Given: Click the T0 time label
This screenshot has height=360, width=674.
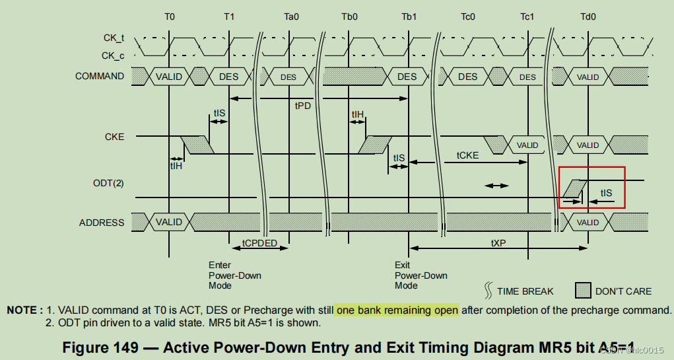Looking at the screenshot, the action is coord(170,17).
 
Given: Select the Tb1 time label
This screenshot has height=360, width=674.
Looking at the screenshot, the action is coord(408,17).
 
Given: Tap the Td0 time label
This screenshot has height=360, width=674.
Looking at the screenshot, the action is coord(587,17).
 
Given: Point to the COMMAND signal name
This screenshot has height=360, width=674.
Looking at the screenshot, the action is coord(99,76).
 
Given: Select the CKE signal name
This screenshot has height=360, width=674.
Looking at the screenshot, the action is coord(114,137).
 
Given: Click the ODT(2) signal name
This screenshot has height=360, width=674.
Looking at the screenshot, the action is coord(108,182).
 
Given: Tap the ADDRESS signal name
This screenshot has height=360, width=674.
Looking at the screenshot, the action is coord(102,223).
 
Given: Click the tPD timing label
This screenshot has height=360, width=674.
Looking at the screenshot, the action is coord(302,106).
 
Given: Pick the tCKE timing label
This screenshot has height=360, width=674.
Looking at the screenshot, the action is coord(467,155).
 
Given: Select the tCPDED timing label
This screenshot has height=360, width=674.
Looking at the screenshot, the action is coord(259,243).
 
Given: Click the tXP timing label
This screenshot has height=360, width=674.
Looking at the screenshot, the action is coord(498,243).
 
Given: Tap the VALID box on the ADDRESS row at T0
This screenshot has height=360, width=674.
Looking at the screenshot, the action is coord(169,222).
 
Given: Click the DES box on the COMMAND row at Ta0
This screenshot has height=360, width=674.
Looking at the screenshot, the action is coord(288,77).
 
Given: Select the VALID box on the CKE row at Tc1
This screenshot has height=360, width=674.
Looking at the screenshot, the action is coord(527,145).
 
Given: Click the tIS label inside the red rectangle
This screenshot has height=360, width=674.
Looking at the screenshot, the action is coord(606,193).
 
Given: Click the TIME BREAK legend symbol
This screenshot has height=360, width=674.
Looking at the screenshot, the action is coord(489,291).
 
